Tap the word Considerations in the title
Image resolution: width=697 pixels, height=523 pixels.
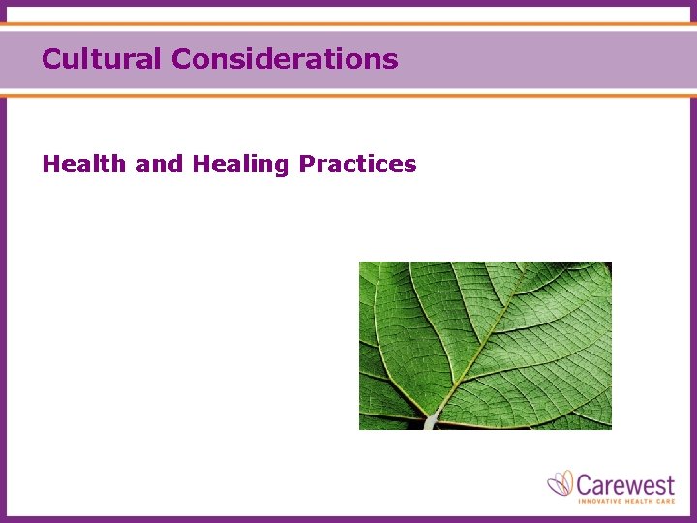click(x=285, y=59)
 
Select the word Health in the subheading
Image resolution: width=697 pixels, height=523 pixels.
click(x=84, y=165)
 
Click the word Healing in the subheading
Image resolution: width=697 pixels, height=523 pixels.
click(x=240, y=165)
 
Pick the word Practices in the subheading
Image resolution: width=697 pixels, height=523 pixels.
click(x=357, y=165)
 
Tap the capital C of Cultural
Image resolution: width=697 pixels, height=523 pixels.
click(x=51, y=59)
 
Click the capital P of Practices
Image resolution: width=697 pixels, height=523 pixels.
click(x=307, y=165)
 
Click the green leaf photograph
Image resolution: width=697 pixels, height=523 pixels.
click(x=485, y=345)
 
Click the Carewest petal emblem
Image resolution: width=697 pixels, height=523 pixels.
click(x=561, y=483)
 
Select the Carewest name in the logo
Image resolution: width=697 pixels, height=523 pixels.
click(x=625, y=482)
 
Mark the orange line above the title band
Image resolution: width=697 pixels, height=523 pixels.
click(x=348, y=24)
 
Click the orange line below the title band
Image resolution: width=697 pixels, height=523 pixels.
click(x=348, y=95)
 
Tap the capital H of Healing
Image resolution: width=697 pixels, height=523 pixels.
click(x=200, y=165)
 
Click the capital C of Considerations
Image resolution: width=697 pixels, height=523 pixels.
click(x=181, y=59)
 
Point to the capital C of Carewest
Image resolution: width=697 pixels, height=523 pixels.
click(x=586, y=482)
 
